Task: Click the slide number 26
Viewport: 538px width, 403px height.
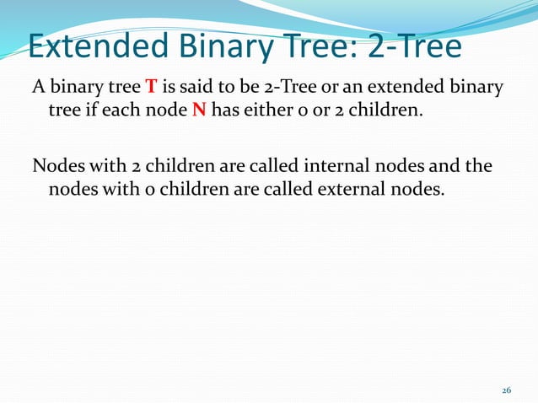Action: pyautogui.click(x=506, y=390)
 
